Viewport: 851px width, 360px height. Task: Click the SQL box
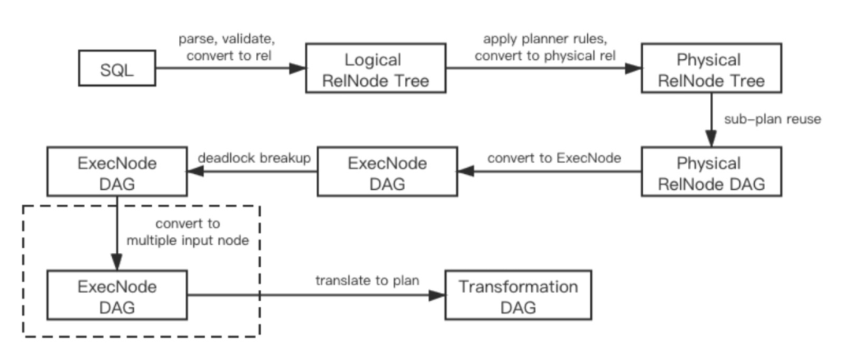pos(117,70)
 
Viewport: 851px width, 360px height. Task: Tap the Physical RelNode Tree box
pos(712,70)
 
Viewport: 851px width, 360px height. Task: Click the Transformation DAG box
pos(518,295)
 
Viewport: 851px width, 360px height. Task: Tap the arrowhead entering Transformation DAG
pos(438,296)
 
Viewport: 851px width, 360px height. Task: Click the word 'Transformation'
pos(518,287)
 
